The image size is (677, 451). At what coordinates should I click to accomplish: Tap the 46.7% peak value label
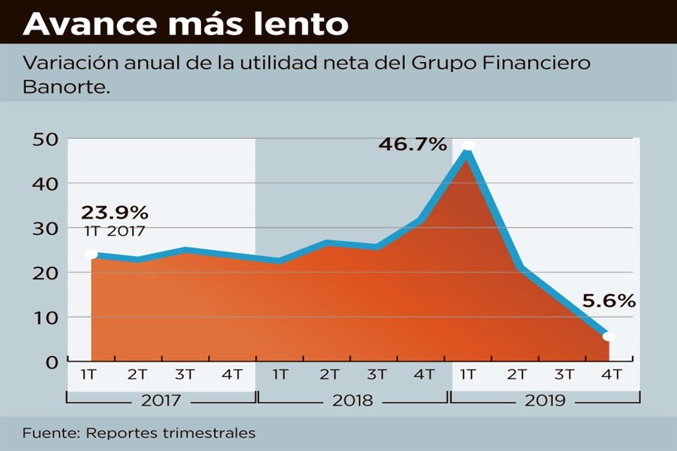[413, 144]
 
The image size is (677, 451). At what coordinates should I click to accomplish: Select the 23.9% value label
[114, 212]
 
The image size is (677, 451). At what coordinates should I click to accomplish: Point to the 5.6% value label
[609, 301]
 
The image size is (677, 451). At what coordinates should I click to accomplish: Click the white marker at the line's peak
[468, 146]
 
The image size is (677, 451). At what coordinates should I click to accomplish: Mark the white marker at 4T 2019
[609, 336]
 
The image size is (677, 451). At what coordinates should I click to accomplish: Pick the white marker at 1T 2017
[91, 254]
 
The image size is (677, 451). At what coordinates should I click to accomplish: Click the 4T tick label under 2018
[425, 375]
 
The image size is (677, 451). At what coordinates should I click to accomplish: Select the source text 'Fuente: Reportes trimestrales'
[138, 433]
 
